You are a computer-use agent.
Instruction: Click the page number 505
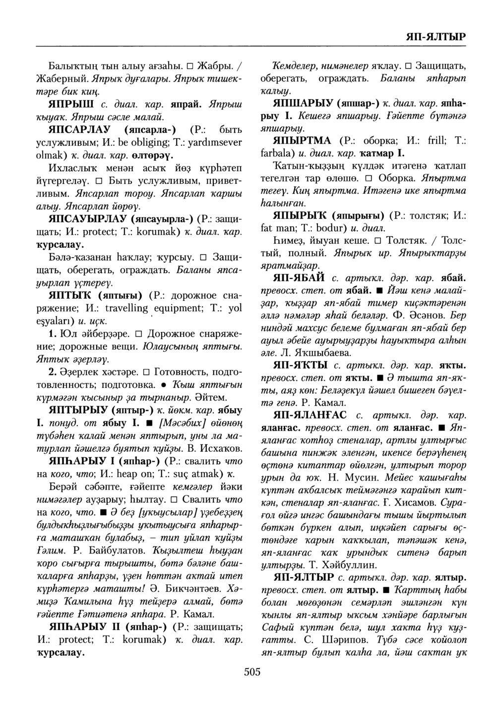(252, 672)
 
